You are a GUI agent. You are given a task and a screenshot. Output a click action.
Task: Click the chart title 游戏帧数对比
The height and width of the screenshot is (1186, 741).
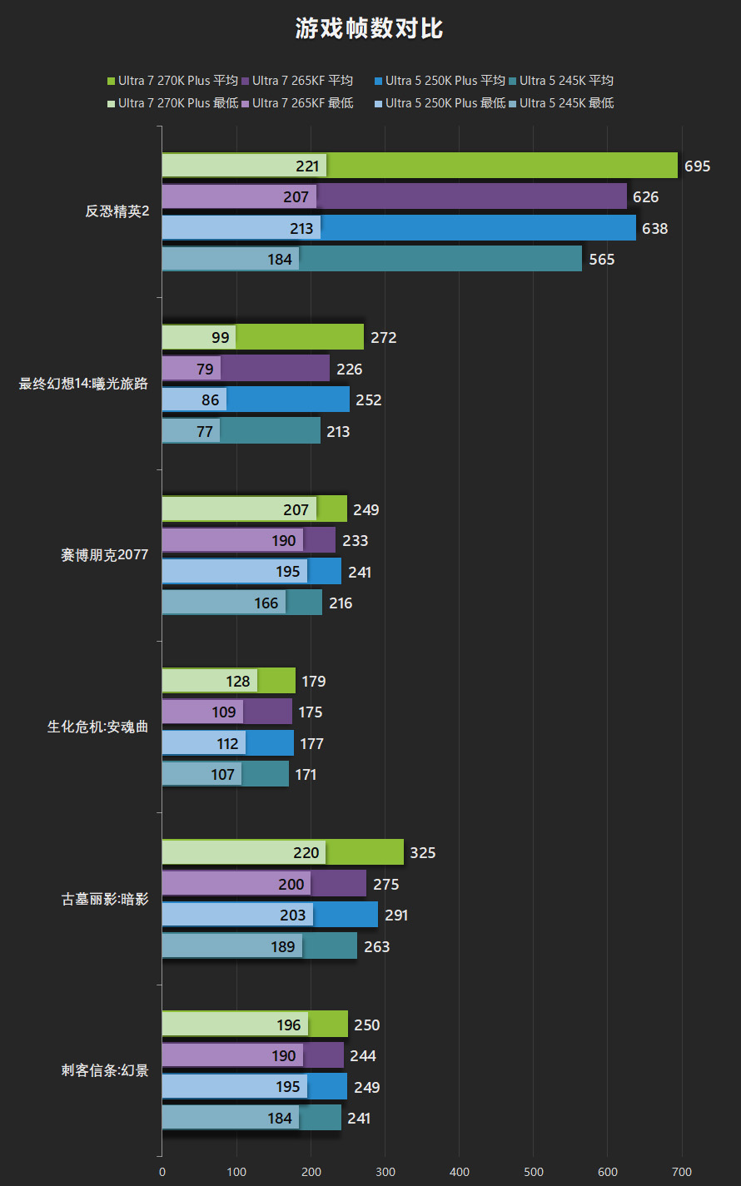[x=370, y=29]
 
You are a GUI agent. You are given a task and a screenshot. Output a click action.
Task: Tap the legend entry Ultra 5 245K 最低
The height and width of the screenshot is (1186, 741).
[x=561, y=103]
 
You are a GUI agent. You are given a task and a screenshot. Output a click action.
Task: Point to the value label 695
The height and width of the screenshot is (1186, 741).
[x=698, y=166]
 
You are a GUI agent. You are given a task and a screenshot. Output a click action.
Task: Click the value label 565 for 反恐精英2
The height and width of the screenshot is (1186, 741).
[x=602, y=260]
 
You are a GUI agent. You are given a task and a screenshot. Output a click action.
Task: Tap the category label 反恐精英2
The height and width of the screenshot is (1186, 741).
[x=117, y=211]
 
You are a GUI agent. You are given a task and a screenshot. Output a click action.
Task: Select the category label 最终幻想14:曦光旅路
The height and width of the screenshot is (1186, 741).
[x=83, y=384]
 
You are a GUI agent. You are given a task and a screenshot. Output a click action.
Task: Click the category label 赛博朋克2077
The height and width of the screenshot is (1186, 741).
[x=104, y=555]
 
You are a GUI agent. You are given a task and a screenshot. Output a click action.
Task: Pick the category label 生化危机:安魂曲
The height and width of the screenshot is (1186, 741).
[x=97, y=727]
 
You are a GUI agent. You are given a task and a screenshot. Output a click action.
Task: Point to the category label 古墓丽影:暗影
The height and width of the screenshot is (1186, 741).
[x=104, y=899]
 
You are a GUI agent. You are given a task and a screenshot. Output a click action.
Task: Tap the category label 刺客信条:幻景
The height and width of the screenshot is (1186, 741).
[x=104, y=1070]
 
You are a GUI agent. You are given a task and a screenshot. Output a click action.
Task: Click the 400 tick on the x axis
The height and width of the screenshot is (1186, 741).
[x=460, y=1172]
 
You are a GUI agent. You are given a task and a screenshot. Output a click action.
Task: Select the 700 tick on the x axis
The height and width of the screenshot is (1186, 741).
[x=682, y=1172]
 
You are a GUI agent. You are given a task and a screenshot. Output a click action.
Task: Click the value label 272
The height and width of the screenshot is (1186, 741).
[x=384, y=338]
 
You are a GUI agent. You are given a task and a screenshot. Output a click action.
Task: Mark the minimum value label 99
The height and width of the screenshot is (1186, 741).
[x=221, y=338]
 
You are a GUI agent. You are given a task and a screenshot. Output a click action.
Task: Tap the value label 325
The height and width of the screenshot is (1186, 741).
[x=424, y=853]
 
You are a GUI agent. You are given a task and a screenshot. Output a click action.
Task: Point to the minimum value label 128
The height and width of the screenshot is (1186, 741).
[x=238, y=682]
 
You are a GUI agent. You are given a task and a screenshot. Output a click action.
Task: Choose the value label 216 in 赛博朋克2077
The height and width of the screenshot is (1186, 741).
[x=341, y=603]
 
